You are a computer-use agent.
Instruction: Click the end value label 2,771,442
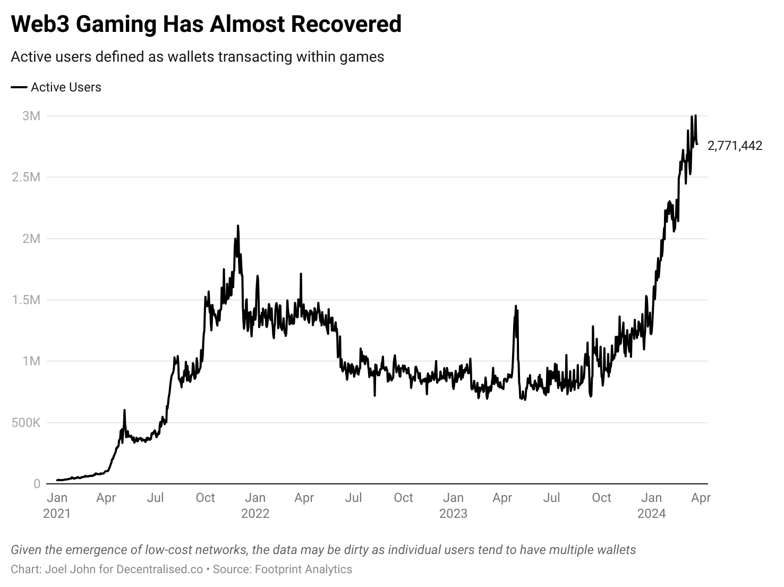coord(735,146)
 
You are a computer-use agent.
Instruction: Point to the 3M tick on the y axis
coord(31,116)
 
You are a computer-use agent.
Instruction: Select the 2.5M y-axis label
coord(26,177)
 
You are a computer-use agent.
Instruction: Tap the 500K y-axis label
coord(26,423)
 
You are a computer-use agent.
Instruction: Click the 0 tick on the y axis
coord(37,484)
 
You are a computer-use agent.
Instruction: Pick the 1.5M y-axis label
coord(26,300)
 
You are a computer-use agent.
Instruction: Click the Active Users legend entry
coord(65,87)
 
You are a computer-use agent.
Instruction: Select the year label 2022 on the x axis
coord(255,514)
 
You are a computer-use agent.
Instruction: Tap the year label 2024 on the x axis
coord(652,514)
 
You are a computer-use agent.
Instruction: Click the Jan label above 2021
coord(57,498)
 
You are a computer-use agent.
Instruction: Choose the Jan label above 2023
coord(453,498)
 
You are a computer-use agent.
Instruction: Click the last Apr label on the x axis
coord(701,498)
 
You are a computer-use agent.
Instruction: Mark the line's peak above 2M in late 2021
coord(237,226)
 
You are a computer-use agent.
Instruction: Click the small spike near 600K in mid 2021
coord(124,410)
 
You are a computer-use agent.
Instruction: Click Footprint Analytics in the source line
coord(303,569)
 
